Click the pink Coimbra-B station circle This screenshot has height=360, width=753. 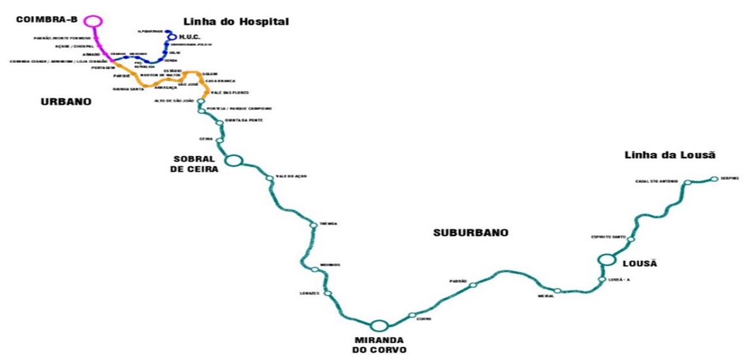click(94, 21)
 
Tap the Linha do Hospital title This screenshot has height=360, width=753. click(236, 22)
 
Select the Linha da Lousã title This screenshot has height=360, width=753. click(670, 155)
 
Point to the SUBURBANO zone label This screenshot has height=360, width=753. click(471, 232)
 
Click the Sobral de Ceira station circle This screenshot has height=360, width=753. click(233, 160)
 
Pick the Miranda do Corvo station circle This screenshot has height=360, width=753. click(378, 325)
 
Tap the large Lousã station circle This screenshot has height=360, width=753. click(607, 260)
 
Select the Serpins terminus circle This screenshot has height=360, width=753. click(714, 178)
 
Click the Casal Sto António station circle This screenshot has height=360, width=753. click(688, 183)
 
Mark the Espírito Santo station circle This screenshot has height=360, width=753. click(631, 240)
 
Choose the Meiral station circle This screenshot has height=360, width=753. click(557, 291)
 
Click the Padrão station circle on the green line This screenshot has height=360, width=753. click(473, 285)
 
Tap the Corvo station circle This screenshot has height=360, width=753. click(412, 315)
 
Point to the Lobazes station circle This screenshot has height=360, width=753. click(327, 293)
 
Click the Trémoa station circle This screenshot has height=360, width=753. click(314, 225)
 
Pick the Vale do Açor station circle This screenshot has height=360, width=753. click(269, 178)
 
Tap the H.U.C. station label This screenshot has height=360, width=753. click(189, 37)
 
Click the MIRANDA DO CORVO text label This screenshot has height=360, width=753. click(380, 345)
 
